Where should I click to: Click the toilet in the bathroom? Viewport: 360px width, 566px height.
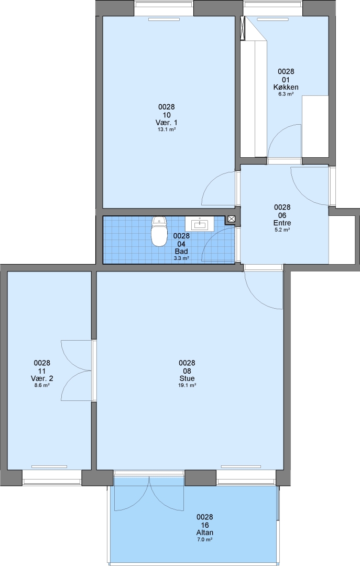pyautogui.click(x=159, y=232)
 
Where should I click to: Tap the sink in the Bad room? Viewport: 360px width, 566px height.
pyautogui.click(x=200, y=224)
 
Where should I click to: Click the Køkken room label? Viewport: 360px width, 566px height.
pyautogui.click(x=286, y=87)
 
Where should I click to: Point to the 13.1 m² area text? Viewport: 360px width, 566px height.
pyautogui.click(x=167, y=129)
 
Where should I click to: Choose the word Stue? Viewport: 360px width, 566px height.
pyautogui.click(x=187, y=378)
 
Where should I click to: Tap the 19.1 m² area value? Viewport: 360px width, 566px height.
pyautogui.click(x=187, y=385)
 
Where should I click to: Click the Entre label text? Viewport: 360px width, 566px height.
pyautogui.click(x=282, y=223)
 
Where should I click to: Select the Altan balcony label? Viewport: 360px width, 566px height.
pyautogui.click(x=205, y=532)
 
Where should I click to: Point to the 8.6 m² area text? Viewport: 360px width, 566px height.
pyautogui.click(x=42, y=385)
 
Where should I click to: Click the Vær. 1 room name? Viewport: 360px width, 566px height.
pyautogui.click(x=167, y=123)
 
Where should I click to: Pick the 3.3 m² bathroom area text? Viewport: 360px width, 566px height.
pyautogui.click(x=181, y=258)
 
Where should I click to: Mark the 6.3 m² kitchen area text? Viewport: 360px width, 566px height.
pyautogui.click(x=286, y=94)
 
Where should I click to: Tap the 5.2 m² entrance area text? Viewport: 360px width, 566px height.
pyautogui.click(x=282, y=230)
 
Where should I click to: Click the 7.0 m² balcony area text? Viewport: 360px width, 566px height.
pyautogui.click(x=205, y=539)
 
